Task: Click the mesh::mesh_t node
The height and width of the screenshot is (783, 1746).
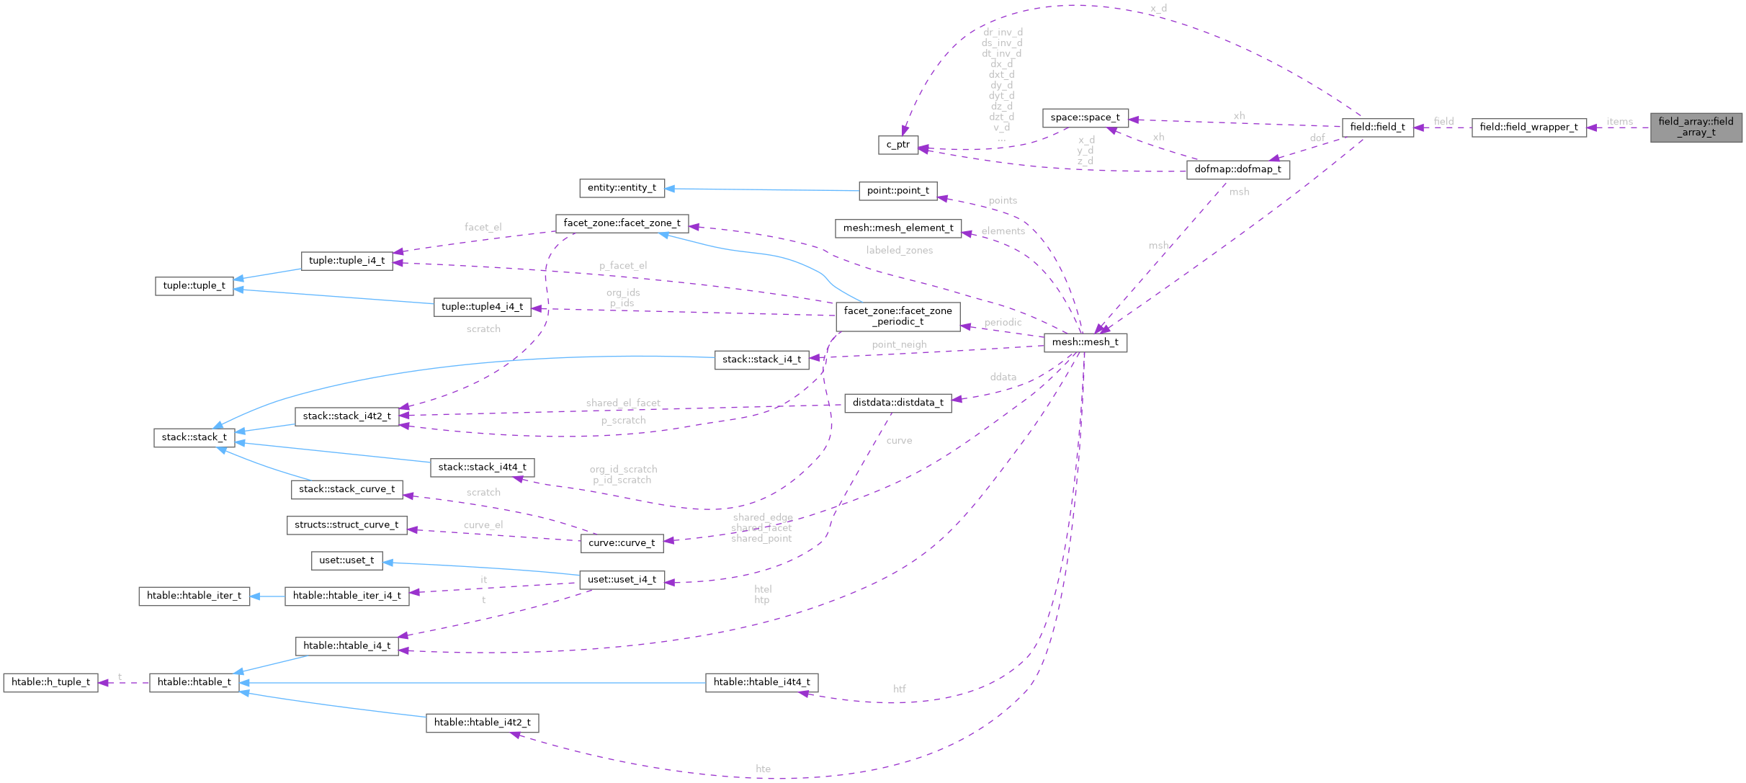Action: (x=1085, y=342)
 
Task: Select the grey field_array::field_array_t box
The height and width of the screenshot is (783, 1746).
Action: (x=1696, y=127)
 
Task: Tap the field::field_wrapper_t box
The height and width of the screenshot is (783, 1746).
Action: (x=1528, y=127)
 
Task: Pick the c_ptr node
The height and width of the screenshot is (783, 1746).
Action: (x=897, y=145)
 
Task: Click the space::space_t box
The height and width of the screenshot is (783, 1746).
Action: (x=1085, y=117)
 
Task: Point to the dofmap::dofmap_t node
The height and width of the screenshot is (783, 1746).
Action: (x=1237, y=169)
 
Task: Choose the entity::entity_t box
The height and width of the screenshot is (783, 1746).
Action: (x=622, y=188)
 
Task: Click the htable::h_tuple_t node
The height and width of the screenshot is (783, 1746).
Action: (x=50, y=682)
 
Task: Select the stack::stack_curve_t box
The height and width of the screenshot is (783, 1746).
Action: (x=346, y=489)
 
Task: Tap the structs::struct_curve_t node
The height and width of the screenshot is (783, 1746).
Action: (x=346, y=525)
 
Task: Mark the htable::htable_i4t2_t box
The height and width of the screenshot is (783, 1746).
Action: (x=482, y=722)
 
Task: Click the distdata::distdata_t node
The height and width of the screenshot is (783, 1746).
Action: (x=897, y=403)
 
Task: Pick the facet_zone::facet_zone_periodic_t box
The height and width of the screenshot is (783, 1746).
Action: (x=897, y=316)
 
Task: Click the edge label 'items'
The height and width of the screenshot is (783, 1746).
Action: (x=1619, y=122)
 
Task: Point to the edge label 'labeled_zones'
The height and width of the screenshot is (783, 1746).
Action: (x=899, y=250)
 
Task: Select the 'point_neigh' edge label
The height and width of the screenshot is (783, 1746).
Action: (x=899, y=344)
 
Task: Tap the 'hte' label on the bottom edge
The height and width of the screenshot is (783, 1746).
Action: (x=763, y=769)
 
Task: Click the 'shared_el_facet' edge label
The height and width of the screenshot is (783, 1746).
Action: (x=622, y=403)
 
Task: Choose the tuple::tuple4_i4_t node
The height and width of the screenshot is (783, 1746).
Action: (x=482, y=307)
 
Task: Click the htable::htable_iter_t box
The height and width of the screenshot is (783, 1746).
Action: (x=194, y=596)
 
